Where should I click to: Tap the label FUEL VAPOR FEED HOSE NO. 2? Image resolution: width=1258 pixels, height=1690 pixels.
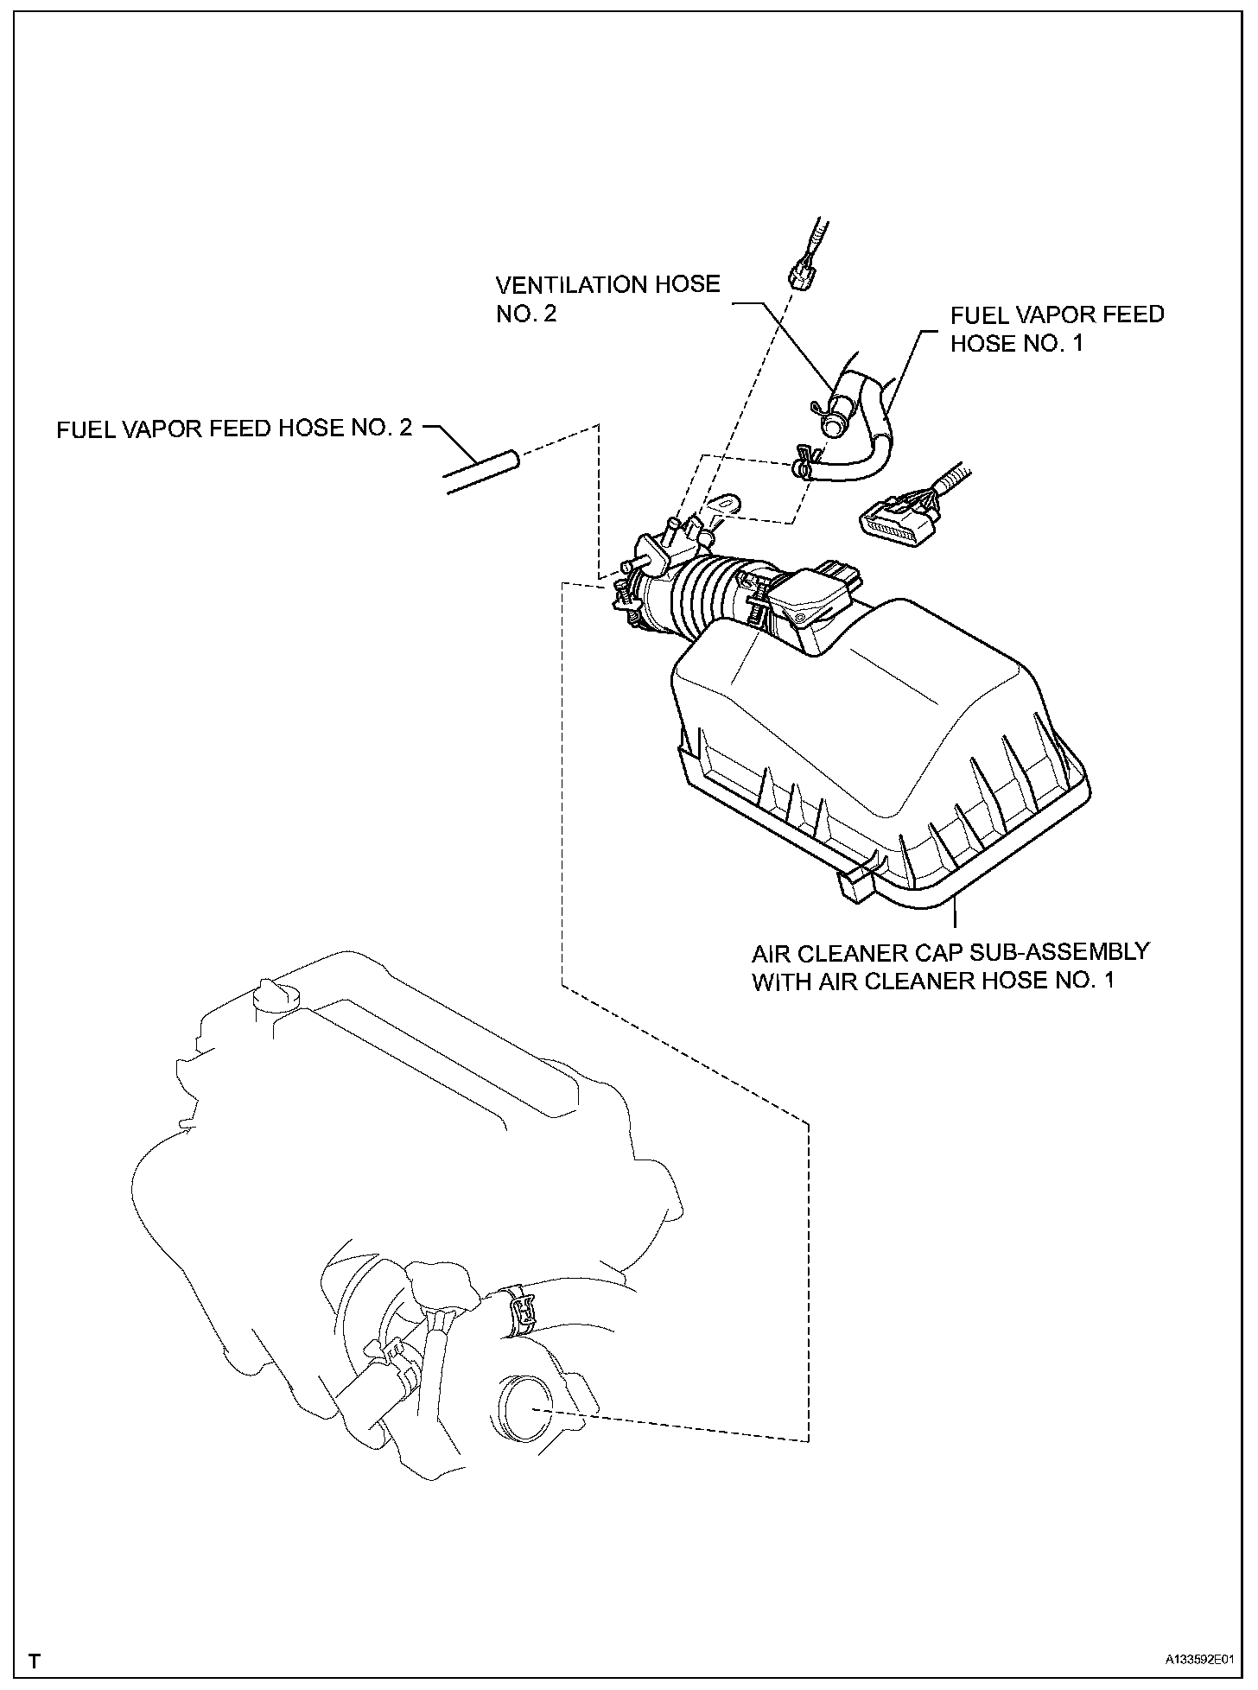click(x=234, y=429)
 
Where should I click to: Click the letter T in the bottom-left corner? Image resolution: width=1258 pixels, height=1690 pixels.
click(x=34, y=1661)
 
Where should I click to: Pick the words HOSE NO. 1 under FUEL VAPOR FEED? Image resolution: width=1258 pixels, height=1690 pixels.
click(x=1016, y=343)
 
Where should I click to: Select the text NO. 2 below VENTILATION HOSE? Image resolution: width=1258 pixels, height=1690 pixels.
click(x=526, y=314)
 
